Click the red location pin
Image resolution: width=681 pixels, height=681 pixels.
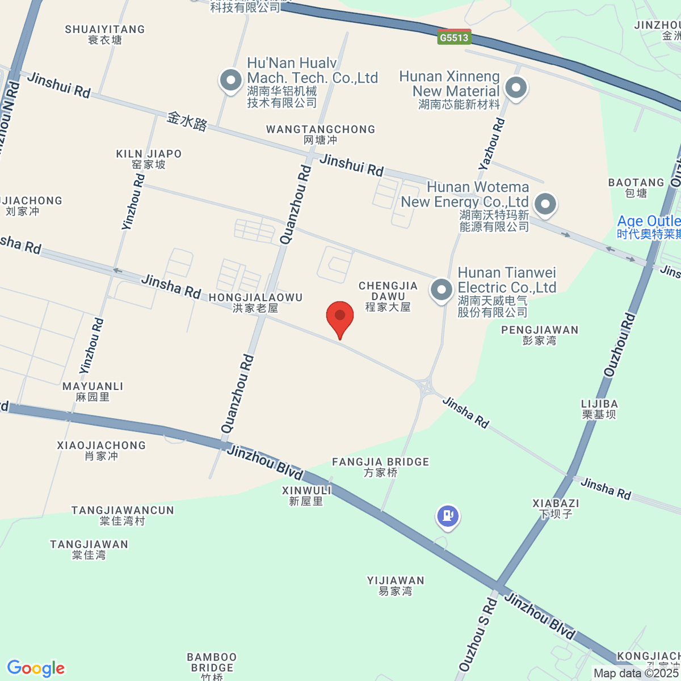[340, 317]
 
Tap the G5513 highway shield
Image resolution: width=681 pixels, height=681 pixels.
[455, 37]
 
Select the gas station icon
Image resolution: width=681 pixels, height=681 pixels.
[448, 516]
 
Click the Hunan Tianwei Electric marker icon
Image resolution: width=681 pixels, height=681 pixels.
[442, 289]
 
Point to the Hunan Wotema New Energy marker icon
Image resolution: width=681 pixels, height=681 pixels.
[545, 204]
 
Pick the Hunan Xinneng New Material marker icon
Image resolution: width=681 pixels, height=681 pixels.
[516, 88]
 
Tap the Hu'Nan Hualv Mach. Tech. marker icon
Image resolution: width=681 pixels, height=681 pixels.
[230, 80]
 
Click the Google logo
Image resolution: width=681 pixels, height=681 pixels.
[36, 668]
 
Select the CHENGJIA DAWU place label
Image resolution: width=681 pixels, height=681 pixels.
[388, 296]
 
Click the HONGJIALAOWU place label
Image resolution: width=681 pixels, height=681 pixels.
[255, 302]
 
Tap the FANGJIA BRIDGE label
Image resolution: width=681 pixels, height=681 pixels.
[381, 467]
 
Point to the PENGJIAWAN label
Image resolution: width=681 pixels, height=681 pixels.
[540, 335]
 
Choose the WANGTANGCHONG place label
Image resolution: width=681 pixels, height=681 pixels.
[321, 134]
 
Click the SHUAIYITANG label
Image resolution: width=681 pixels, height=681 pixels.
[105, 34]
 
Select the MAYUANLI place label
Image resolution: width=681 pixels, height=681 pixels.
[93, 392]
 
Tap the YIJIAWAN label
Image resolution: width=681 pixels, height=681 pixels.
[396, 586]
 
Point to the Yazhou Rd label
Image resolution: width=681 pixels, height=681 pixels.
[491, 144]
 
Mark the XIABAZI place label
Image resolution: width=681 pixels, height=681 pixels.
[556, 508]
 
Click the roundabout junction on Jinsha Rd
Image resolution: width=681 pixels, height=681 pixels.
[425, 388]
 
